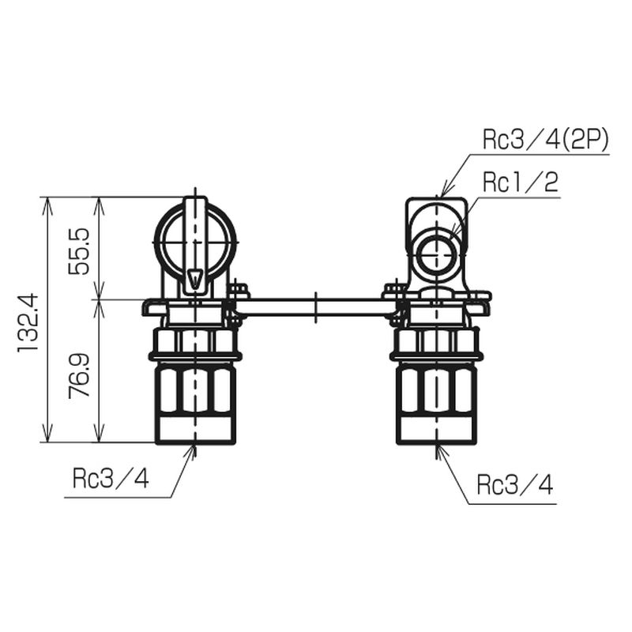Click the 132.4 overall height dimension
[x=29, y=321]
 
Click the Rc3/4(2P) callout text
[x=545, y=140]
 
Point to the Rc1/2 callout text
[x=521, y=183]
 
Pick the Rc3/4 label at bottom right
[x=516, y=483]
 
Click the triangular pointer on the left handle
[x=195, y=278]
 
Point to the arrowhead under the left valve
[x=194, y=452]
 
